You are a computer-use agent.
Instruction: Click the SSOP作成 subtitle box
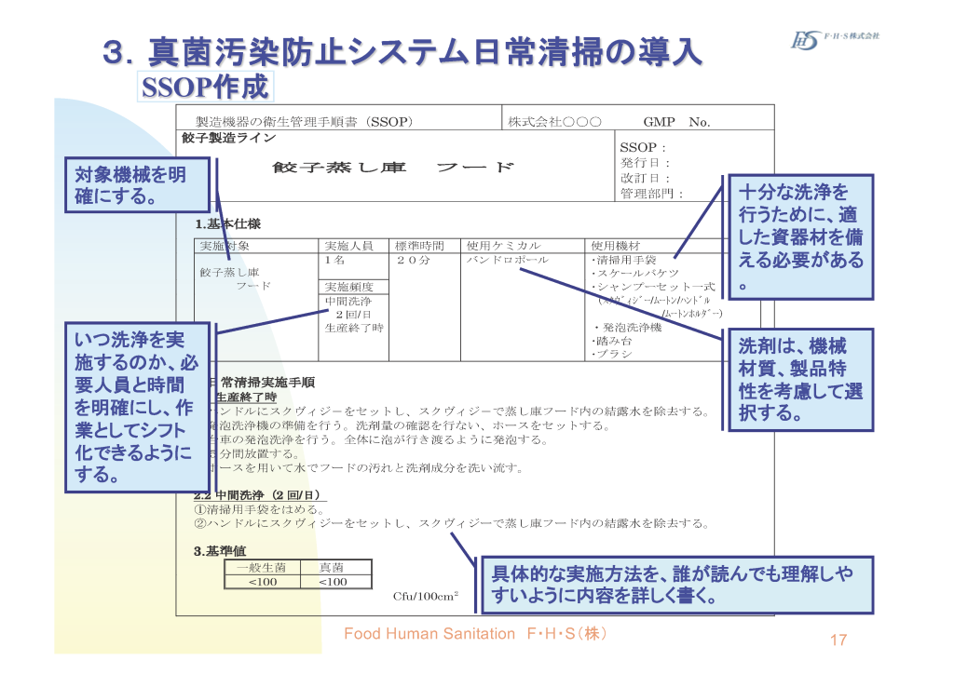pos(205,88)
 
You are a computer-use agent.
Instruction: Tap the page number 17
pos(838,640)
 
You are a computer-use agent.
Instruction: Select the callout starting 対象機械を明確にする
pos(137,185)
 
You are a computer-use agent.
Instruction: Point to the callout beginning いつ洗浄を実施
pos(137,407)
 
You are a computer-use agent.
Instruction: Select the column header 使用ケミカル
pos(503,246)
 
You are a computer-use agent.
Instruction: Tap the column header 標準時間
pos(420,246)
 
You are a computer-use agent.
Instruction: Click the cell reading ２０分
pos(413,260)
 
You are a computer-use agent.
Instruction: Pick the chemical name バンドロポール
pos(508,260)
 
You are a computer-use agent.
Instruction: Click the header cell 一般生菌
pos(262,567)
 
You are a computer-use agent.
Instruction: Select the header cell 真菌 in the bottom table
pos(332,567)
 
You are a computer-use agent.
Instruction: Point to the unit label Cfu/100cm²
pos(425,596)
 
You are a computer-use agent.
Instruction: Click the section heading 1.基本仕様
pos(227,224)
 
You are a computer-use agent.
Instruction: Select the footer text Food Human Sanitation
pos(429,634)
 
